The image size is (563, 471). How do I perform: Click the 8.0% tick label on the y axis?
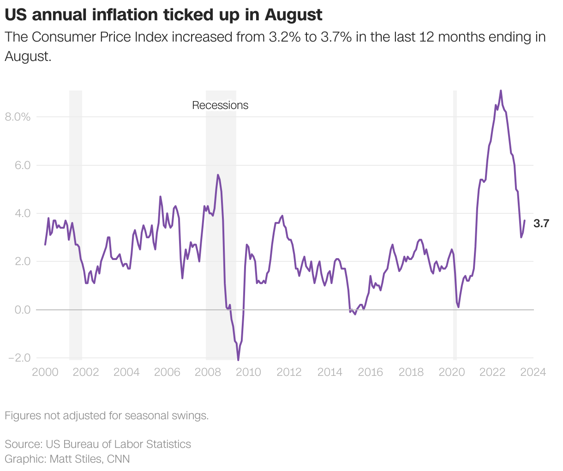click(x=18, y=117)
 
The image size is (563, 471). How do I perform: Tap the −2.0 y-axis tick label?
click(x=19, y=358)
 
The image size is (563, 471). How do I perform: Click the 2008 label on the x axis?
click(x=208, y=372)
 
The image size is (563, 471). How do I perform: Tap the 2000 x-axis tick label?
click(x=45, y=372)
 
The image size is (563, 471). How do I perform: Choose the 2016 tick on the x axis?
click(x=370, y=372)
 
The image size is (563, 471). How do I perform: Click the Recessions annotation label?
click(x=220, y=105)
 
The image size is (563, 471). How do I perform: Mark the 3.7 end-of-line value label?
click(x=541, y=224)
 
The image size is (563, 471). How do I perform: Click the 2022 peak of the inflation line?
click(x=501, y=91)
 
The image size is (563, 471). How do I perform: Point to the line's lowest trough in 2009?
click(x=238, y=360)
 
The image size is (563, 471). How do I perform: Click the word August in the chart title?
click(x=293, y=15)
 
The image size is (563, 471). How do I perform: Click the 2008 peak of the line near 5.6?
click(x=218, y=175)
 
